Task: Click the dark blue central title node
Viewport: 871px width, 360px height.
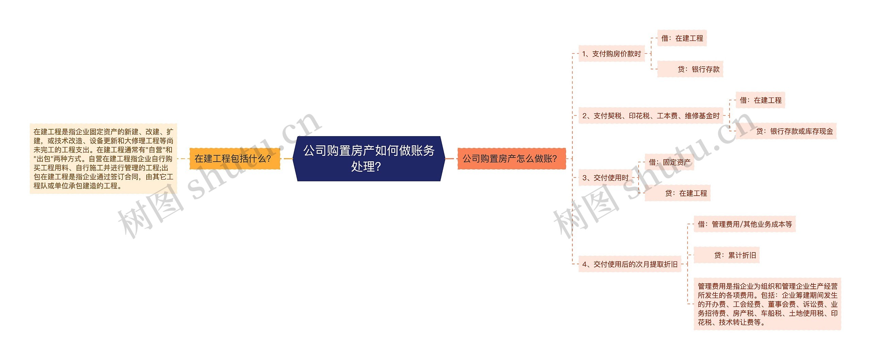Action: (369, 158)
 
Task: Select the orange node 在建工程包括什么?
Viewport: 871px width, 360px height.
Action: (234, 159)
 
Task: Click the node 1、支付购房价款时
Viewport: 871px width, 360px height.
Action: (611, 54)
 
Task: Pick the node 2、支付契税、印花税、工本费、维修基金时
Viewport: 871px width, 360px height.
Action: (651, 116)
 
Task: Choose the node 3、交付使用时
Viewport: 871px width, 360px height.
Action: (605, 178)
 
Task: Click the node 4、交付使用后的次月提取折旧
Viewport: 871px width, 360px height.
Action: (630, 264)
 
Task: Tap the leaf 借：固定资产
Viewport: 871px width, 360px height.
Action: (669, 162)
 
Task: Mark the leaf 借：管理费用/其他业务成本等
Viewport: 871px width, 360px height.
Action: (744, 224)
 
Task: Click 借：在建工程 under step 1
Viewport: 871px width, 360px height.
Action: (682, 38)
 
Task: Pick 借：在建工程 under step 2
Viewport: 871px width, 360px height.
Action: (760, 100)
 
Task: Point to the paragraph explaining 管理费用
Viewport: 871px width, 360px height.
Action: (767, 304)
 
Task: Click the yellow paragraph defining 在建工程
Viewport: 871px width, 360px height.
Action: (103, 159)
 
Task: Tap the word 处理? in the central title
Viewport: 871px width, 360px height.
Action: (366, 167)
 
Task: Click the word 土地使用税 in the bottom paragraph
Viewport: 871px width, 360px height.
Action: (806, 313)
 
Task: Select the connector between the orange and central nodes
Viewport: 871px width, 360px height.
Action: (288, 159)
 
